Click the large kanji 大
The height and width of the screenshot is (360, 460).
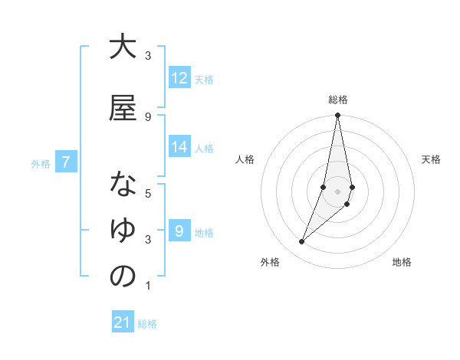pyautogui.click(x=123, y=47)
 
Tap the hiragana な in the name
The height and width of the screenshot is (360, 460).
pyautogui.click(x=123, y=185)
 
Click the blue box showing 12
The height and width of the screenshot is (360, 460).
pyautogui.click(x=179, y=78)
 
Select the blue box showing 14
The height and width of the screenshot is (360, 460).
pyautogui.click(x=179, y=147)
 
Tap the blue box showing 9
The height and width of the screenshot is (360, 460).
pyautogui.click(x=179, y=231)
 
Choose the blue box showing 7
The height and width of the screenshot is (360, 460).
pyautogui.click(x=67, y=162)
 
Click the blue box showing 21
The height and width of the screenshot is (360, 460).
pyautogui.click(x=123, y=322)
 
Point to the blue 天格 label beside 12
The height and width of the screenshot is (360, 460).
pyautogui.click(x=204, y=79)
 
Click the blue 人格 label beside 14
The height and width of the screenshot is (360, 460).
pyautogui.click(x=204, y=148)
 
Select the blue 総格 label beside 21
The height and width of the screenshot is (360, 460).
pyautogui.click(x=147, y=324)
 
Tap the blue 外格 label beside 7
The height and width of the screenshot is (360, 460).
pyautogui.click(x=41, y=163)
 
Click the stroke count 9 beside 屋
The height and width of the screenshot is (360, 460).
pyautogui.click(x=148, y=116)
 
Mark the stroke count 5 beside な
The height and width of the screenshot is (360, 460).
pyautogui.click(x=148, y=193)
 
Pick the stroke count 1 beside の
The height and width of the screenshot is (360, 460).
pyautogui.click(x=148, y=286)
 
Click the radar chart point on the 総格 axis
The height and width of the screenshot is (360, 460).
pyautogui.click(x=337, y=116)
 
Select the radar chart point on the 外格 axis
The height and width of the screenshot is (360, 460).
pyautogui.click(x=302, y=242)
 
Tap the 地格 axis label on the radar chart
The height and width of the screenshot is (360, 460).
pyautogui.click(x=402, y=262)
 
